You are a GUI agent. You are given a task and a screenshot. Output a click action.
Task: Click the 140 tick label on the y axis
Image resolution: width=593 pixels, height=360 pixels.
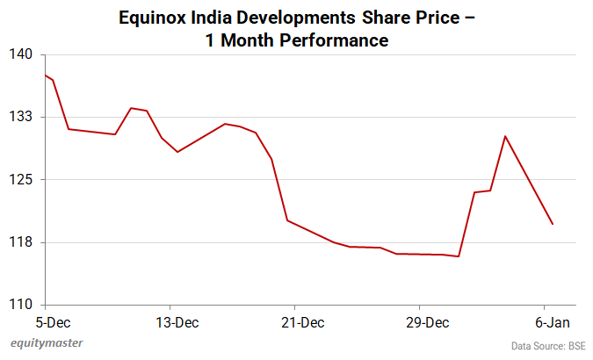[x=21, y=54]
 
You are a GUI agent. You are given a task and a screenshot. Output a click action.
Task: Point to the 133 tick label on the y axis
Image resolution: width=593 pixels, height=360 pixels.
[x=21, y=117]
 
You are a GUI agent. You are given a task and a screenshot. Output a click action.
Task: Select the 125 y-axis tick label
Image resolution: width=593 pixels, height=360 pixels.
[x=21, y=180]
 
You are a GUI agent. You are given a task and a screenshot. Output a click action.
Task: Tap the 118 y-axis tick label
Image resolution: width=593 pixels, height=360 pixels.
[x=21, y=242]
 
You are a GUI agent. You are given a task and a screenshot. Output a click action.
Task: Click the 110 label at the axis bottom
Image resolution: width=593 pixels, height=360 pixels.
[x=21, y=305]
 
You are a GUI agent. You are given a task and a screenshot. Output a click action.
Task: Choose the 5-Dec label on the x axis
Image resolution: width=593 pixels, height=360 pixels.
[x=45, y=322]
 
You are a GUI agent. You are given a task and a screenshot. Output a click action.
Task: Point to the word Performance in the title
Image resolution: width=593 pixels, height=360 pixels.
[x=333, y=40]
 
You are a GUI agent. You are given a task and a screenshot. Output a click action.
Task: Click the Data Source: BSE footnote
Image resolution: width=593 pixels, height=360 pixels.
[x=549, y=346]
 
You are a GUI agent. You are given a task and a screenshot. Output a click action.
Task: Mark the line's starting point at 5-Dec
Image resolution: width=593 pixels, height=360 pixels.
[x=45, y=76]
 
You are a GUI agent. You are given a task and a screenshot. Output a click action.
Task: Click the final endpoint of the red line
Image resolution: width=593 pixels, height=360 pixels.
[x=553, y=224]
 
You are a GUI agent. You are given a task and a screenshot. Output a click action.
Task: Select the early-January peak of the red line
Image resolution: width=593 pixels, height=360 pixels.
[x=505, y=136]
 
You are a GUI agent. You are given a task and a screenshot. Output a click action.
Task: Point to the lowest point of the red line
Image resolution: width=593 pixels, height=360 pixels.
[x=459, y=256]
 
